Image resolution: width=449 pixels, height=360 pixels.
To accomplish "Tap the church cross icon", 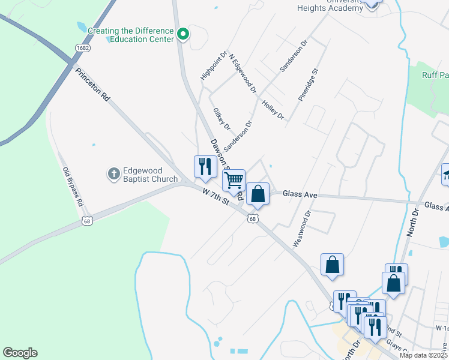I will pyautogui.click(x=113, y=174).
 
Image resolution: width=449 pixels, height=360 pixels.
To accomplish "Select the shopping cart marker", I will pyautogui.click(x=234, y=180).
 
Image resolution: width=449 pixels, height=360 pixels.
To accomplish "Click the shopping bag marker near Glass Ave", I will pyautogui.click(x=258, y=194).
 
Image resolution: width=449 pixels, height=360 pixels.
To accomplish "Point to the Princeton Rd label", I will pyautogui.click(x=93, y=83).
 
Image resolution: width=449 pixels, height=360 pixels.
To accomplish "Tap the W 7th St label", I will pyautogui.click(x=217, y=197).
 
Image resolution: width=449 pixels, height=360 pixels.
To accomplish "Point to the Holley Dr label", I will pyautogui.click(x=273, y=109).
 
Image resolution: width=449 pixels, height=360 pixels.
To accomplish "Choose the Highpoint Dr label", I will pyautogui.click(x=214, y=66).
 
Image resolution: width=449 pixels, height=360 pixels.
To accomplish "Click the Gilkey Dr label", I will pyautogui.click(x=221, y=119).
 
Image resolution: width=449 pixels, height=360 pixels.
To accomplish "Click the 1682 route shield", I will pyautogui.click(x=83, y=47).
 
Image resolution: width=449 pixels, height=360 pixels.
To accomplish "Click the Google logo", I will pyautogui.click(x=20, y=353).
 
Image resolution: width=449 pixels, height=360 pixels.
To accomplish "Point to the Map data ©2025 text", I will pyautogui.click(x=423, y=355).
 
